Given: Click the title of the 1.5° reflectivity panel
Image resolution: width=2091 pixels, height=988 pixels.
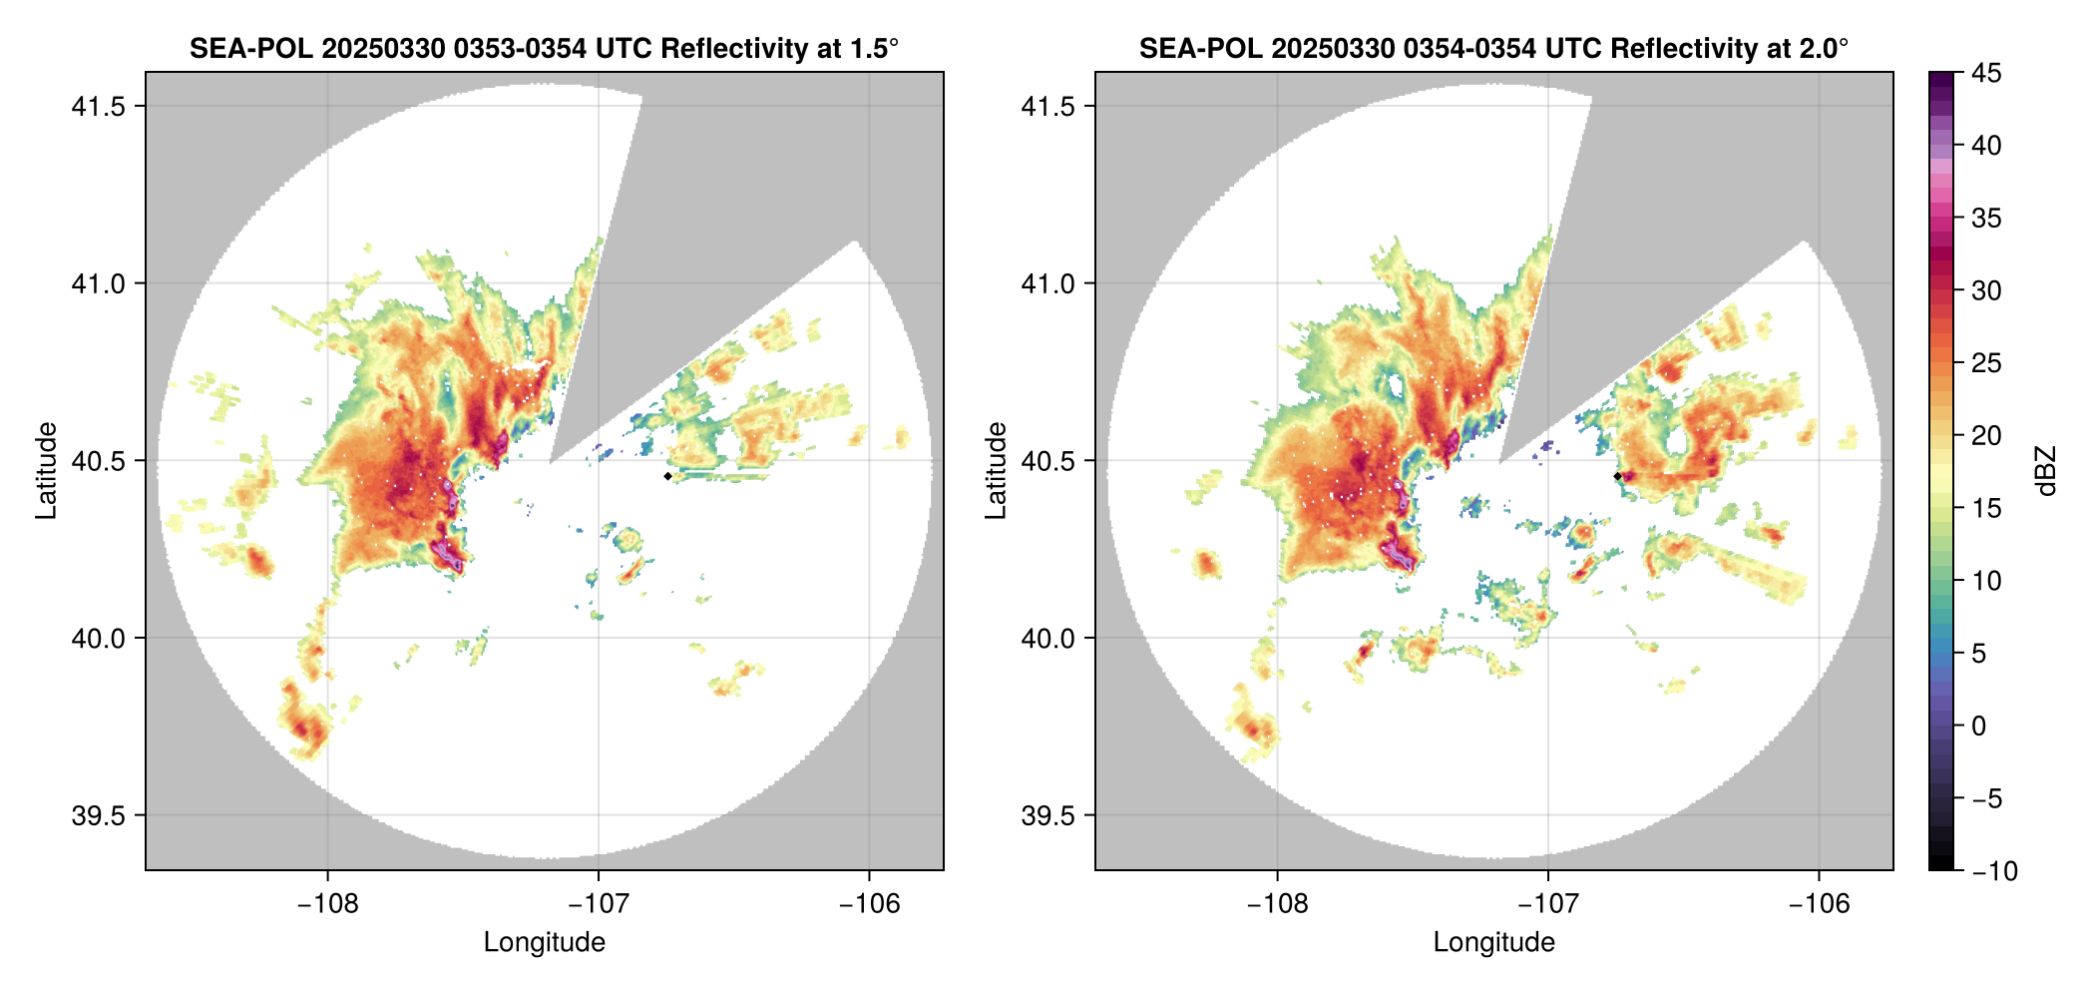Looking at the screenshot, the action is [544, 48].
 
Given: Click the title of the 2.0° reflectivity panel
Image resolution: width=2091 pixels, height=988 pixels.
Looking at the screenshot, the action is [1493, 48].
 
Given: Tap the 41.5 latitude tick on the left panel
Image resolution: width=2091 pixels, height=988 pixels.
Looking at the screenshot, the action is [98, 106].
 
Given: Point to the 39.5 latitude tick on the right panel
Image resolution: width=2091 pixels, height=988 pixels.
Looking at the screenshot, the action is [1047, 815].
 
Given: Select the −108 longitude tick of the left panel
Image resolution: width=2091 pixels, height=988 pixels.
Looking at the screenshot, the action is [328, 904].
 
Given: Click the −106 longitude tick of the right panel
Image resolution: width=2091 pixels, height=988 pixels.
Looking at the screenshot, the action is [1820, 904].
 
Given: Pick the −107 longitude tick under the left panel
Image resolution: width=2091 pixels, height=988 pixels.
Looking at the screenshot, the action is [599, 904].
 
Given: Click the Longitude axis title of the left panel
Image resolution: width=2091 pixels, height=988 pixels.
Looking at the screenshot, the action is [545, 942].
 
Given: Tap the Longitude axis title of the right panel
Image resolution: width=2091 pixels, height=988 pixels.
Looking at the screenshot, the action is [1494, 942].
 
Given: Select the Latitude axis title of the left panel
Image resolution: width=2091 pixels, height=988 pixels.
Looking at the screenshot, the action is [46, 471].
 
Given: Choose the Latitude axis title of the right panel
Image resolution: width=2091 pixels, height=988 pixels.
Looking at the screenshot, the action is [996, 471].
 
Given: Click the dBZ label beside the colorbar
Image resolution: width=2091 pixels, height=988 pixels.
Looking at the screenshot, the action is [2046, 471].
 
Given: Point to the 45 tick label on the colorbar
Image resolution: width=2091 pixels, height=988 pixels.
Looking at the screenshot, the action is [1986, 73].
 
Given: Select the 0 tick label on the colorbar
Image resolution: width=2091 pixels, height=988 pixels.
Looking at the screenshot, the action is [1979, 726].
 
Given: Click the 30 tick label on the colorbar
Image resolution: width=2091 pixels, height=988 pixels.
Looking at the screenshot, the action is [1986, 290].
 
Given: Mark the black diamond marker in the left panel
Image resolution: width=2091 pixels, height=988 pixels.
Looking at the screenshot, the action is [667, 476].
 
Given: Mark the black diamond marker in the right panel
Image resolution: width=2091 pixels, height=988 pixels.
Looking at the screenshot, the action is [1617, 476].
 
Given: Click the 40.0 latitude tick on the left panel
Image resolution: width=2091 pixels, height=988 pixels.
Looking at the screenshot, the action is [98, 638].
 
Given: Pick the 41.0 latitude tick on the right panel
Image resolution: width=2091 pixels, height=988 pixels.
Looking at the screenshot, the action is [1047, 283].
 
